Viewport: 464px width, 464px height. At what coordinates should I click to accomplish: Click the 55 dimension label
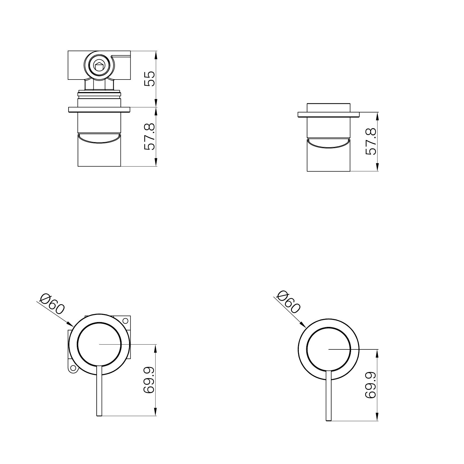[x=149, y=78]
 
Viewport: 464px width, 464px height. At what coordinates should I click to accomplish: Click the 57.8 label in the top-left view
[x=149, y=137]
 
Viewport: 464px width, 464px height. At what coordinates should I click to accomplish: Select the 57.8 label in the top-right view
[x=371, y=141]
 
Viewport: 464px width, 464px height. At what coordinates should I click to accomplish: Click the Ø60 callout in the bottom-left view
[x=52, y=304]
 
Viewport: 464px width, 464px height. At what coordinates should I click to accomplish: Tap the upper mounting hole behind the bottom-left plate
[x=125, y=320]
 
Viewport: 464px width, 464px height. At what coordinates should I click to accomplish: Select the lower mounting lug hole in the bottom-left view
[x=73, y=368]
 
